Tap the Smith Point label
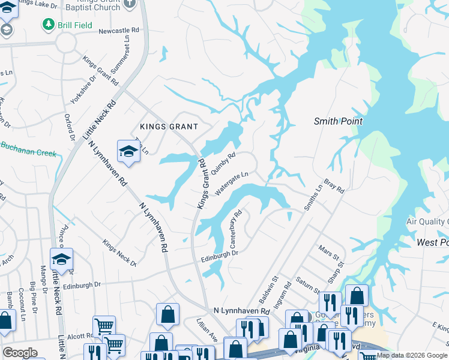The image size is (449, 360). coord(338,121)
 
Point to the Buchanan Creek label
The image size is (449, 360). coord(28,149)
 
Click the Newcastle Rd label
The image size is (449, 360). coord(118,29)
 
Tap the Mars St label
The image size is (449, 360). coord(330,252)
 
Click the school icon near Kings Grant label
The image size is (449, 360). coord(128,151)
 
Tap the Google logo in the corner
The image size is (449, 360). coord(20,353)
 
